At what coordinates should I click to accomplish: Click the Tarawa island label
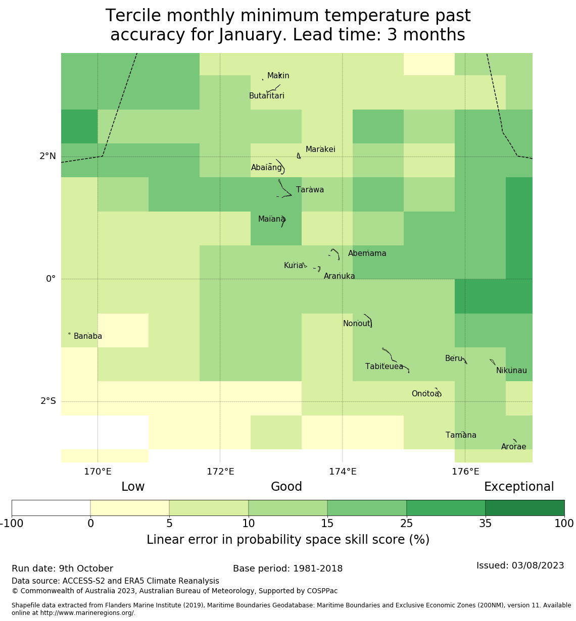pyautogui.click(x=310, y=190)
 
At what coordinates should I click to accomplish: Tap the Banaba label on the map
pyautogui.click(x=88, y=336)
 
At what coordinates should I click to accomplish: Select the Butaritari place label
pyautogui.click(x=267, y=96)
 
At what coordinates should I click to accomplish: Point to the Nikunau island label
pyautogui.click(x=511, y=371)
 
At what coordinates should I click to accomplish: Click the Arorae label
pyautogui.click(x=513, y=447)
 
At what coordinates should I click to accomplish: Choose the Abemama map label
pyautogui.click(x=367, y=253)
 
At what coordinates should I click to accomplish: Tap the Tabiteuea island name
pyautogui.click(x=384, y=367)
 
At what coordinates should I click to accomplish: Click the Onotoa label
pyautogui.click(x=425, y=394)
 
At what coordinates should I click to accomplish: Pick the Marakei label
pyautogui.click(x=320, y=149)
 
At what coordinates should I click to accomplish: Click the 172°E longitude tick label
pyautogui.click(x=220, y=472)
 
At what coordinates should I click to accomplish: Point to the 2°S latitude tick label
pyautogui.click(x=49, y=401)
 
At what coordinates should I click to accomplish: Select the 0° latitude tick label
pyautogui.click(x=51, y=279)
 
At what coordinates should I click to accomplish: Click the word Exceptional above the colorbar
pyautogui.click(x=519, y=487)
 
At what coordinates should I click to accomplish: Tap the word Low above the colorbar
pyautogui.click(x=133, y=487)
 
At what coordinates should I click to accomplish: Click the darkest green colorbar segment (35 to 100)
pyautogui.click(x=524, y=508)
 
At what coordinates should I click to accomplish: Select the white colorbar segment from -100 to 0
pyautogui.click(x=51, y=508)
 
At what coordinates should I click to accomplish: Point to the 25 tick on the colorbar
pyautogui.click(x=407, y=524)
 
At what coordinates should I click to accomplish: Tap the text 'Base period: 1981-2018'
pyautogui.click(x=287, y=568)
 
